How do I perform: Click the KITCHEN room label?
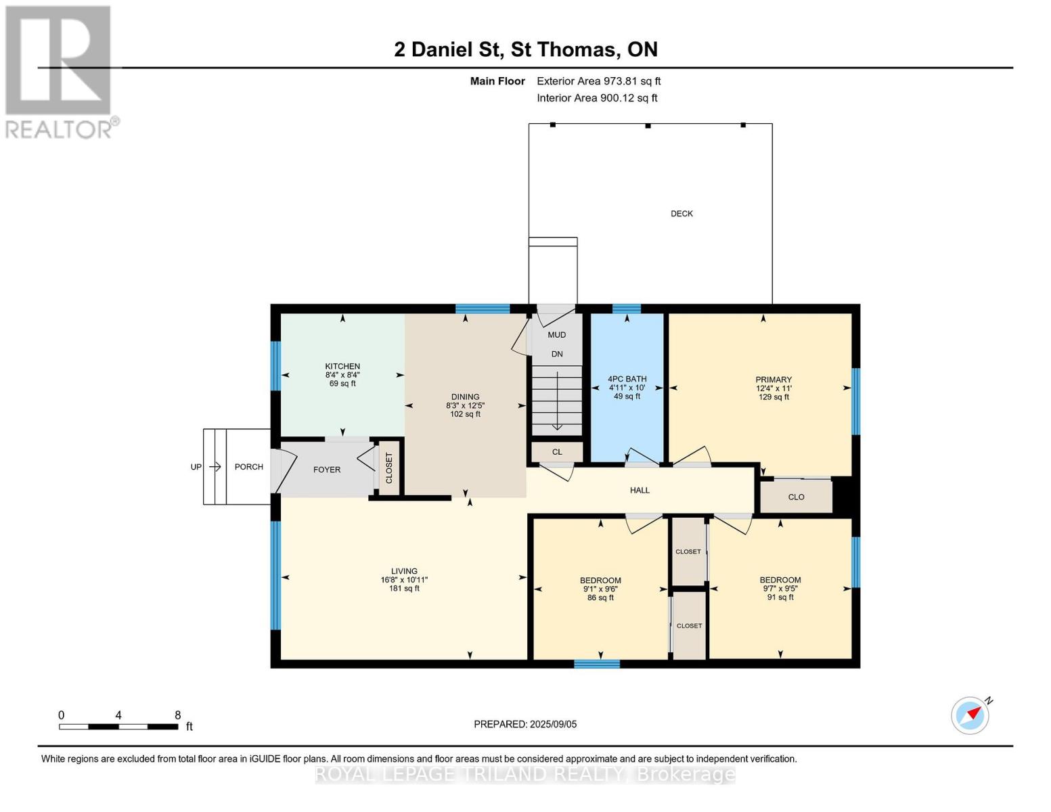(x=342, y=366)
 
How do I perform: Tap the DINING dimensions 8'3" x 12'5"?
(x=465, y=405)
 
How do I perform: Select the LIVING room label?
(x=404, y=571)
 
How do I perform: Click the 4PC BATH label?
(x=627, y=379)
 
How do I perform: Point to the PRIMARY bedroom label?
(x=774, y=380)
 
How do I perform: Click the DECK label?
(x=681, y=214)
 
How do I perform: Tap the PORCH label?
(x=248, y=467)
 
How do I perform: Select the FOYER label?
(x=327, y=470)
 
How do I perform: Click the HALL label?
(x=640, y=491)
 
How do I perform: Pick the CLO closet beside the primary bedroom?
(x=796, y=497)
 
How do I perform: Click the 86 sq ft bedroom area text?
(x=600, y=597)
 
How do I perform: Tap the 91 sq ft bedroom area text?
(x=780, y=597)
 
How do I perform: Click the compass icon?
(x=970, y=715)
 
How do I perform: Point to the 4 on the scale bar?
(x=118, y=715)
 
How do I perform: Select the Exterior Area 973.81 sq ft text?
(x=598, y=81)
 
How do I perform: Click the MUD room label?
(x=556, y=335)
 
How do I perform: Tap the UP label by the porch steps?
(x=196, y=467)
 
